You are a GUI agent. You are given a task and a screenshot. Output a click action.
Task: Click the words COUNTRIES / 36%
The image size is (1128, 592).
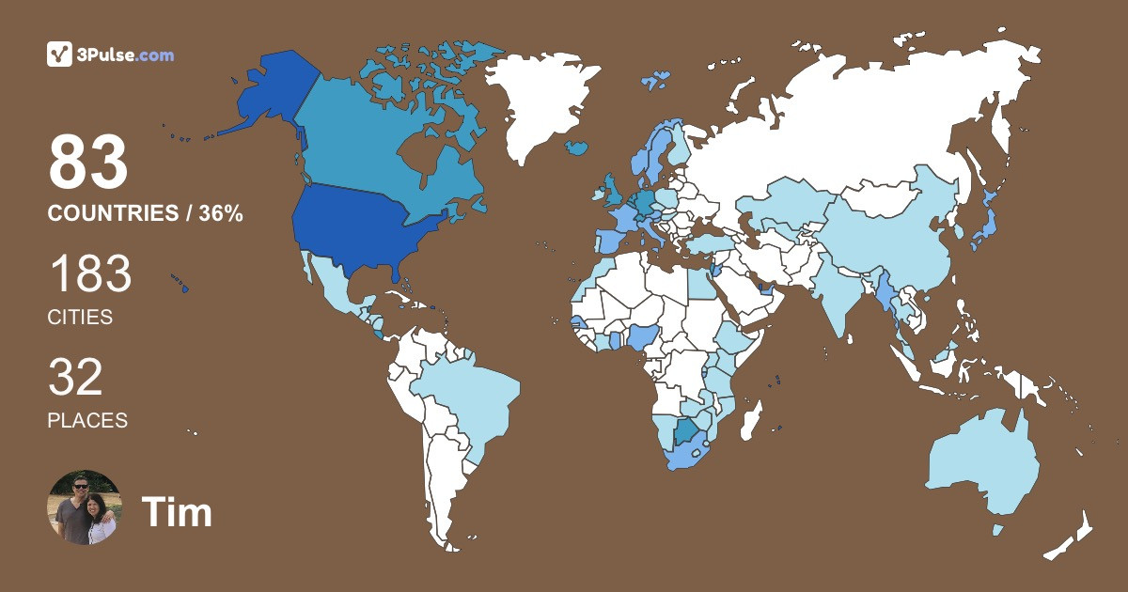point(146,214)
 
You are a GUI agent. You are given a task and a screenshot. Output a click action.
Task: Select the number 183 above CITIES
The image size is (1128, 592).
point(89,274)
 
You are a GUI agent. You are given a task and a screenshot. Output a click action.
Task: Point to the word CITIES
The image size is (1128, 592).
point(80,318)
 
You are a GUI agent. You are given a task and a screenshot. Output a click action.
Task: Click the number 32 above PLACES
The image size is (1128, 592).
point(75,378)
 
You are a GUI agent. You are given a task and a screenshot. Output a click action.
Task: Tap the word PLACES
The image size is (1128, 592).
point(87,421)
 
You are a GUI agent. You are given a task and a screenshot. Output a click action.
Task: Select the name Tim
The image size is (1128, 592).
point(177,513)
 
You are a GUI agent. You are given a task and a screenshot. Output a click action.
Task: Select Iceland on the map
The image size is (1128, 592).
point(576,148)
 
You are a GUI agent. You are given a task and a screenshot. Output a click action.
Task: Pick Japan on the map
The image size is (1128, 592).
point(983,226)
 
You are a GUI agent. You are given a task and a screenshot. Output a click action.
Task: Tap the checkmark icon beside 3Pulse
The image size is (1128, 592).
point(59,55)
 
